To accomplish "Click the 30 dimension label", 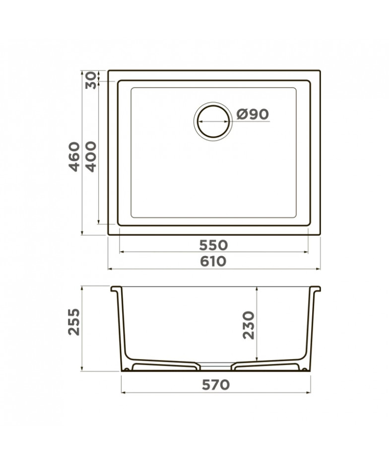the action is pos(91,80).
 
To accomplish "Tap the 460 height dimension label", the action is pos(74,157).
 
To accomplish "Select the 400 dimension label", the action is pos(91,157).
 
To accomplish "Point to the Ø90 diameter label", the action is pos(253,114).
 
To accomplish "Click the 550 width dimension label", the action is pos(213,245).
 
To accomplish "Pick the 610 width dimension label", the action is pos(213,262).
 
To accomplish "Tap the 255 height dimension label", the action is pos(74,322).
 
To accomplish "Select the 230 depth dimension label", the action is pos(249,325).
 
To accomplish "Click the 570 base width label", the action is pos(216,385).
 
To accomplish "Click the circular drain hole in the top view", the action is pos(213,121).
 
